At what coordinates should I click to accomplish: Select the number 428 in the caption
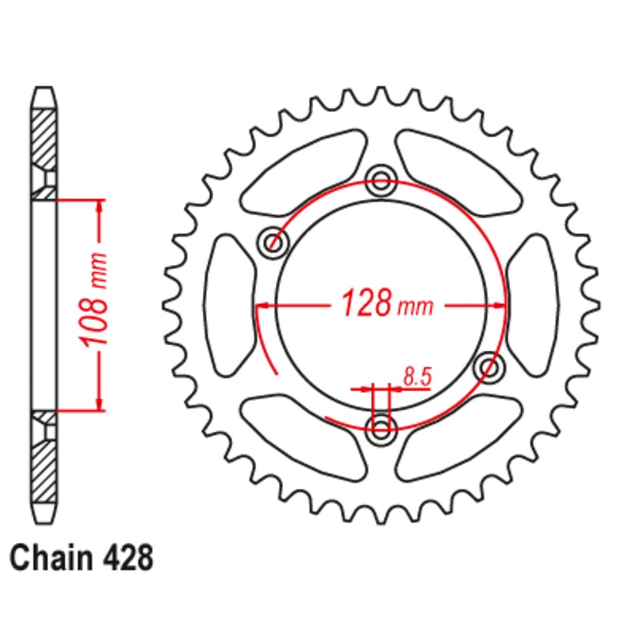126,558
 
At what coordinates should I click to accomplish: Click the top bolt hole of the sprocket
381,180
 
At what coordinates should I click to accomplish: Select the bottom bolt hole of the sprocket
381,426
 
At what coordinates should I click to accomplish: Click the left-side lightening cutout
231,304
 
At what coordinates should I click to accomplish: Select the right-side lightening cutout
533,304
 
